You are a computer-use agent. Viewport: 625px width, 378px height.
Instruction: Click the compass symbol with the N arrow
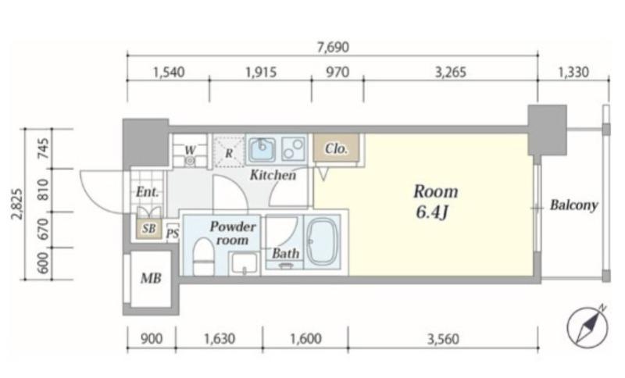tap(587, 327)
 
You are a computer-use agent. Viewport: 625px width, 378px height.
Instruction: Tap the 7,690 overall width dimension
tap(333, 48)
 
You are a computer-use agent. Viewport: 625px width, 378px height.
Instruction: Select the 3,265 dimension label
tap(451, 73)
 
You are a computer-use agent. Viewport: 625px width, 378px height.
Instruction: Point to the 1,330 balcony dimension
tap(573, 73)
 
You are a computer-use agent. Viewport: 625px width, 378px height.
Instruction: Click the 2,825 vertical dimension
tap(17, 204)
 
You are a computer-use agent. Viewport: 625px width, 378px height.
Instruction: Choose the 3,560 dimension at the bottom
tap(443, 339)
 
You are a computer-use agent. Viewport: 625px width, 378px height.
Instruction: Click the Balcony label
tap(574, 205)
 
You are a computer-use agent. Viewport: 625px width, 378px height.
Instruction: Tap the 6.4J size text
tap(433, 212)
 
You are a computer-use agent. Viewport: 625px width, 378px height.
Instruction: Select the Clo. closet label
tap(336, 149)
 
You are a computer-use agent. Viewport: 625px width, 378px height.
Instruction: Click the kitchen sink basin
tap(262, 149)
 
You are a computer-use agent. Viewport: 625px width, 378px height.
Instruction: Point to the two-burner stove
tap(294, 148)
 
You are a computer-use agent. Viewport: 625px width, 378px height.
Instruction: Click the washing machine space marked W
tap(190, 151)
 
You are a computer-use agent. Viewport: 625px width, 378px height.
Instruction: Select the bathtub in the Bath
tap(323, 242)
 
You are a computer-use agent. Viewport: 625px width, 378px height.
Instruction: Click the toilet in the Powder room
tap(203, 257)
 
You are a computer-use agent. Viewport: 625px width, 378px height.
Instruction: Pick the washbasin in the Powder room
tap(245, 264)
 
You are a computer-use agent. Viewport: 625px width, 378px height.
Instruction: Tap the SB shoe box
tap(148, 229)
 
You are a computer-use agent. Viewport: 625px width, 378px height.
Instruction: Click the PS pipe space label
tap(172, 233)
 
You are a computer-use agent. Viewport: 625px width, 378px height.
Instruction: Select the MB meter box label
tap(151, 278)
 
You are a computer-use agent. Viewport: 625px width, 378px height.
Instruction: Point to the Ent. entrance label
tap(147, 192)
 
